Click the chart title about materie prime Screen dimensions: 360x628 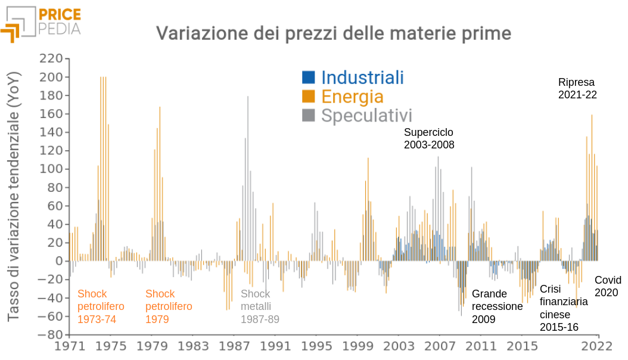(x=334, y=33)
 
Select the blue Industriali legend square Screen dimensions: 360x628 (x=308, y=77)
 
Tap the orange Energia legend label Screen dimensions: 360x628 (x=352, y=96)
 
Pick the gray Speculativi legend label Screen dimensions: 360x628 (x=366, y=115)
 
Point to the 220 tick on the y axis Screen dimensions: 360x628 (x=51, y=58)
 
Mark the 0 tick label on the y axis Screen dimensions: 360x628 (x=58, y=261)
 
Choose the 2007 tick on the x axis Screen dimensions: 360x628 (x=440, y=346)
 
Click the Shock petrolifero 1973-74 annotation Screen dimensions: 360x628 (x=101, y=306)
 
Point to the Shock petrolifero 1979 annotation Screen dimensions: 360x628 (x=169, y=306)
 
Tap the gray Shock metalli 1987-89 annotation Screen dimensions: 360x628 (x=260, y=306)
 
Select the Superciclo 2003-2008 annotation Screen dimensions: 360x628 (x=429, y=138)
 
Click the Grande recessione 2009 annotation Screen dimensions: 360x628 (x=497, y=306)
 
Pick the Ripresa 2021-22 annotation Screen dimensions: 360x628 (x=577, y=88)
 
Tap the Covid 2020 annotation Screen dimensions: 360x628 (x=608, y=286)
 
